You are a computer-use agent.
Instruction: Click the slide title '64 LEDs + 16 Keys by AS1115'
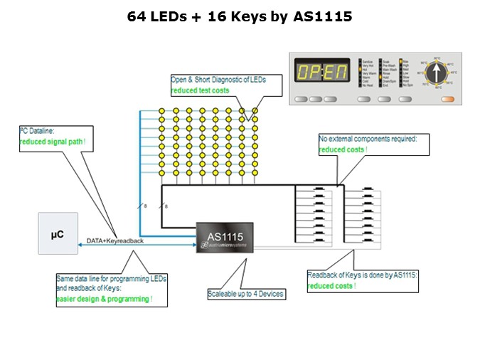240,16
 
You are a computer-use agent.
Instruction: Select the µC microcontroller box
58,233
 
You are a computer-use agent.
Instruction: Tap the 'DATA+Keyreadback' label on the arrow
115,240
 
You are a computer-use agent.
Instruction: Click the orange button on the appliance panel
447,99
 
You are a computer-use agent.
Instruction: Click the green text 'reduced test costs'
200,90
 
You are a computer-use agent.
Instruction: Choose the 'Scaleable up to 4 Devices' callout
246,294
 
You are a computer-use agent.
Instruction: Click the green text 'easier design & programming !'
104,300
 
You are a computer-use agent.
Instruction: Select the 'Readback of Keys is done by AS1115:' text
361,275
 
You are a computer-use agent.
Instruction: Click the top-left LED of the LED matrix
161,111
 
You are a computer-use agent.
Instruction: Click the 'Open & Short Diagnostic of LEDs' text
218,80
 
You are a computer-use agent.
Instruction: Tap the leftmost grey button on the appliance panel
302,99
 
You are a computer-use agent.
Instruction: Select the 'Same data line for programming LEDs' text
111,278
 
